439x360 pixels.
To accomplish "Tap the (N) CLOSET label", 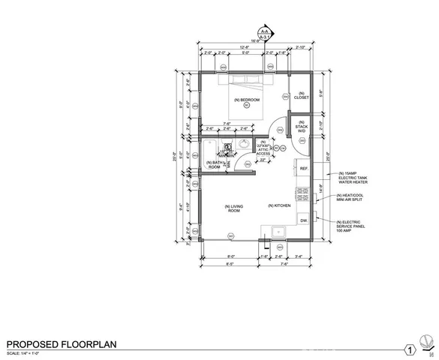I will coord(302,96).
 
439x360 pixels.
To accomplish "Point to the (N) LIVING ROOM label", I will coord(233,208).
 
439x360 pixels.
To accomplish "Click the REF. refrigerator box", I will coord(304,169).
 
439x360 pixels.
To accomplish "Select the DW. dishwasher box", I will coord(304,221).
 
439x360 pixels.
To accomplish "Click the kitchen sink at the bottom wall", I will coord(278,232).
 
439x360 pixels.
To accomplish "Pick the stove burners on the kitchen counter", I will coord(304,194).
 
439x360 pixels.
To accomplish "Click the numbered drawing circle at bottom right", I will coord(410,349).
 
